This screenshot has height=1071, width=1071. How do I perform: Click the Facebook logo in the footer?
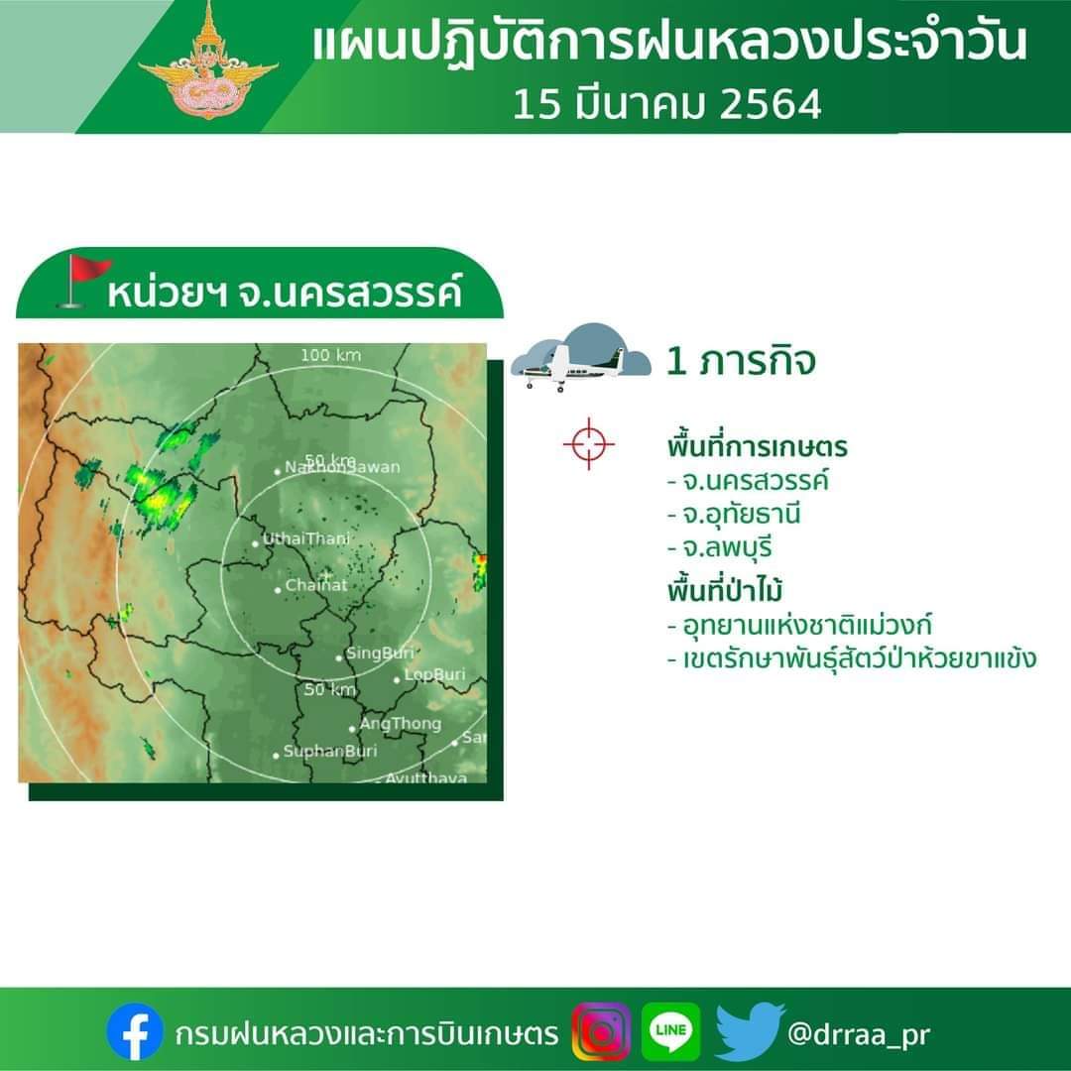[135, 1031]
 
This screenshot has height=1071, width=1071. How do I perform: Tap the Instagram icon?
[601, 1031]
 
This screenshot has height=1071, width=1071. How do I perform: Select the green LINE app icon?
[670, 1031]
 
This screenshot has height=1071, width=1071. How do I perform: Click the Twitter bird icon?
[749, 1031]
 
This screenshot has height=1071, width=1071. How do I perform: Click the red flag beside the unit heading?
[84, 281]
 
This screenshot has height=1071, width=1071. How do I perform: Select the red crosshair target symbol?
[589, 444]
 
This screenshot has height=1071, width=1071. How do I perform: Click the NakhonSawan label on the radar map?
[342, 467]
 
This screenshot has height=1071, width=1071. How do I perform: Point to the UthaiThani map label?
[306, 538]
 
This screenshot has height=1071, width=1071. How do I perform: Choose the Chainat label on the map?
[316, 585]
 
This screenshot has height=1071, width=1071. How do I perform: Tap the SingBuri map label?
[380, 653]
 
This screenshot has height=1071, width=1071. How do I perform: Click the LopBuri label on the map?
[434, 675]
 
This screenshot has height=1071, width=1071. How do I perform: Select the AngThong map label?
[401, 723]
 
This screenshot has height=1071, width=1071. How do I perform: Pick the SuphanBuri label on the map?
[330, 752]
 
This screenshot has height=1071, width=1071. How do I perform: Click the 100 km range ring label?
[330, 355]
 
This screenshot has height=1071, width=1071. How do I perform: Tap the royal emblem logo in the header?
[207, 61]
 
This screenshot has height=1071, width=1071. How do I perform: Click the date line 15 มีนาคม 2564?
[667, 104]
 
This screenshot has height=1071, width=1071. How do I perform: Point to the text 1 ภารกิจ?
[741, 361]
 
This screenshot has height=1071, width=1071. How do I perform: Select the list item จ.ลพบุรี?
[720, 547]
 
